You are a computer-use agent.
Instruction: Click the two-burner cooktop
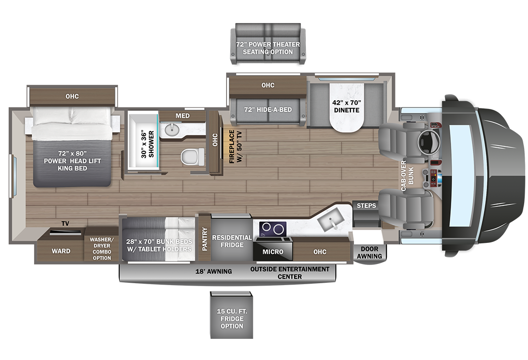(273, 229)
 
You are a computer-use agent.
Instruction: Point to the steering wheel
(428, 142)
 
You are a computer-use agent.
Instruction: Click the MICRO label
(273, 252)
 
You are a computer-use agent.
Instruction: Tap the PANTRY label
(205, 239)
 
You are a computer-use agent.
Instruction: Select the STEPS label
(366, 205)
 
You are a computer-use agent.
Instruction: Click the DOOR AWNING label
(370, 252)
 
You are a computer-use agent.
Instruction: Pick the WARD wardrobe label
(61, 251)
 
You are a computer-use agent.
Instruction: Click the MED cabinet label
(182, 116)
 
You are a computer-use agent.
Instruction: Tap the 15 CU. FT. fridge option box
(232, 315)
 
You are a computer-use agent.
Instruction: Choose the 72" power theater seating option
(268, 44)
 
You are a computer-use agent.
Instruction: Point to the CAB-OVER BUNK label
(407, 176)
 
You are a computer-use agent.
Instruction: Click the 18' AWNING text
(214, 271)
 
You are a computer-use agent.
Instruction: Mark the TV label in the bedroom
(65, 223)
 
